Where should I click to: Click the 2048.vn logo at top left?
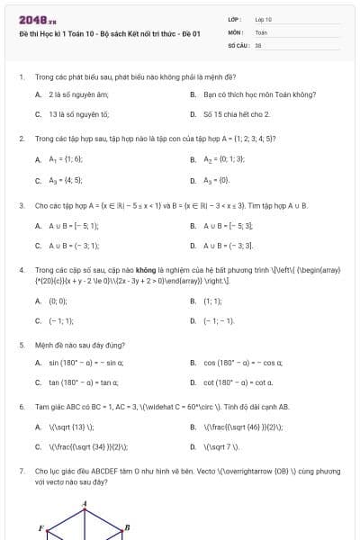[31, 20]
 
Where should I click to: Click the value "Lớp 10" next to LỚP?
[264, 19]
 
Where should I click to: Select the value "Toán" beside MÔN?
[261, 31]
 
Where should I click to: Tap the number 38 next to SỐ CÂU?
[257, 43]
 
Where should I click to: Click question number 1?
[20, 77]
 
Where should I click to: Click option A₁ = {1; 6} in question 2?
[66, 158]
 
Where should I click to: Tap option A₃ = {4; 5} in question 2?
[66, 180]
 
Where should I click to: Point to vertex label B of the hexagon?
[127, 527]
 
